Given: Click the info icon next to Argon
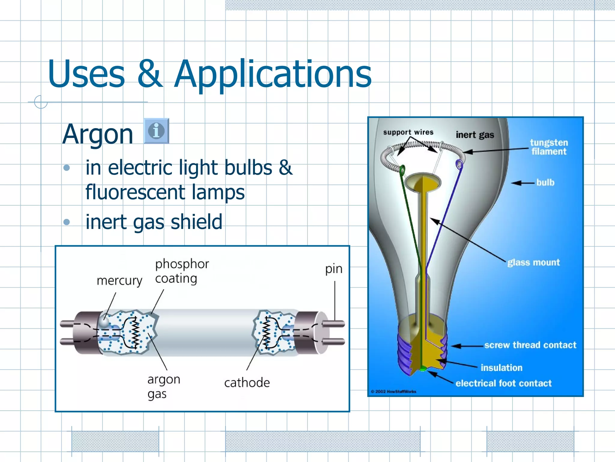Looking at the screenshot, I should coord(156,131).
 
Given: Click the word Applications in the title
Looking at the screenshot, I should coord(273,74).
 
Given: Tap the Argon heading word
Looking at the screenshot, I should coord(98,134).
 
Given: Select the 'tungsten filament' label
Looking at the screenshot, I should coord(549,147).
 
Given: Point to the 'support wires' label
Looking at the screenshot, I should coord(408,132).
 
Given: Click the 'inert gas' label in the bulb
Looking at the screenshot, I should coord(475,135).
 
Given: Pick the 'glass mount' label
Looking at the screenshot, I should coord(533,262).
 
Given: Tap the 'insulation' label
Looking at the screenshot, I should coord(501,368).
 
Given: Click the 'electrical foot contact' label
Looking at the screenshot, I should coord(503,383).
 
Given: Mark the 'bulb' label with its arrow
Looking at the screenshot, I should coord(538,183).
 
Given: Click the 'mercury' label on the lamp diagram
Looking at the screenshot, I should coord(119,281).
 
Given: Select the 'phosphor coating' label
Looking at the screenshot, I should coord(181,271).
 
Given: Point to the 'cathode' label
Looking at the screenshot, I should coord(247,383).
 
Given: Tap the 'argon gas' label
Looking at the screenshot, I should coord(163,386).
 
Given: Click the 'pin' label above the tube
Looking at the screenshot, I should coord(334,269).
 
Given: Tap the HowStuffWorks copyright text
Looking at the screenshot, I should coord(393,391).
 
